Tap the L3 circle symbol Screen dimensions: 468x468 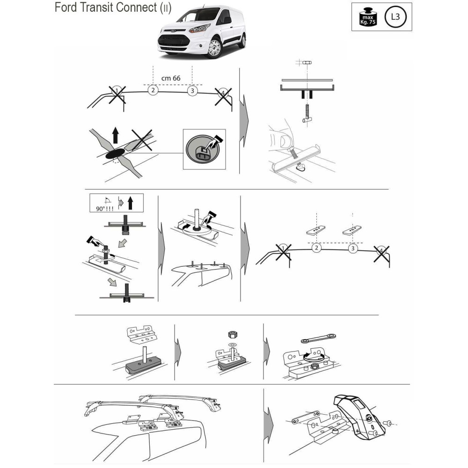click(x=395, y=17)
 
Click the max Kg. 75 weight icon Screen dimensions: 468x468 click(x=368, y=17)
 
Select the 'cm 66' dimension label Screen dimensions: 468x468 click(x=171, y=78)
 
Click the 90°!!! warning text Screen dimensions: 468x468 click(x=104, y=208)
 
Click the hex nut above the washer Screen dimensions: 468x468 click(x=231, y=335)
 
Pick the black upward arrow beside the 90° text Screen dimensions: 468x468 click(x=130, y=203)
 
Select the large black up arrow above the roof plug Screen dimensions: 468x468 click(x=116, y=135)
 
